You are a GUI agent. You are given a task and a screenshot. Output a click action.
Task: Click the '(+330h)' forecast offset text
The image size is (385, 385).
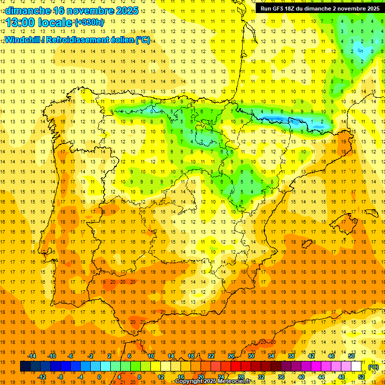89,23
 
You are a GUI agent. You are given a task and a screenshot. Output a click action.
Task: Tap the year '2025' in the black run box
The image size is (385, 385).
370,9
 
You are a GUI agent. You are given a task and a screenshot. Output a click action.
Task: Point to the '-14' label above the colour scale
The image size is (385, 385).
32,356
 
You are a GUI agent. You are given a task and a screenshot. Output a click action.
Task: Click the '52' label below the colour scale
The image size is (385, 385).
361,376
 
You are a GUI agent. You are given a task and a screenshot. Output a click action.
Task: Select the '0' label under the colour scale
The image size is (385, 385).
99,376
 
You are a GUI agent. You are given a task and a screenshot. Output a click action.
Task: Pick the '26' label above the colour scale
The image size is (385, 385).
231,356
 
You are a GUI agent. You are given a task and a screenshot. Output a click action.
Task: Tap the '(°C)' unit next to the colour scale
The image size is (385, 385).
373,367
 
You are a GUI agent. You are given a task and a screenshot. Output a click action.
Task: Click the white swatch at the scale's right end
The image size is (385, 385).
356,366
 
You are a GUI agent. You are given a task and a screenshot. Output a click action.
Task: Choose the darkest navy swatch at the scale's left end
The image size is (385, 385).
25,366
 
